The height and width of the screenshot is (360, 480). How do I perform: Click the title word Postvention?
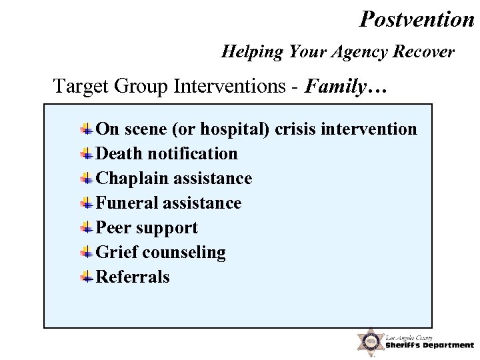[x=416, y=19]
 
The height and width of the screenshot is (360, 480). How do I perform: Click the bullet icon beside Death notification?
[x=87, y=154]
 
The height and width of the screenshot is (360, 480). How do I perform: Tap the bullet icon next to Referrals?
[x=87, y=277]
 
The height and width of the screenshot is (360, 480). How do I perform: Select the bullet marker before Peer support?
[x=87, y=228]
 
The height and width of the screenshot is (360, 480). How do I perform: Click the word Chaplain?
[x=132, y=179]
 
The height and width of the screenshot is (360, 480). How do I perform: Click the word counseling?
[x=183, y=253]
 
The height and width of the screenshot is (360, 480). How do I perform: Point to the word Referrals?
[x=133, y=277]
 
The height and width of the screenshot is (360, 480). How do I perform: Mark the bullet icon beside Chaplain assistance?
[x=87, y=179]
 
